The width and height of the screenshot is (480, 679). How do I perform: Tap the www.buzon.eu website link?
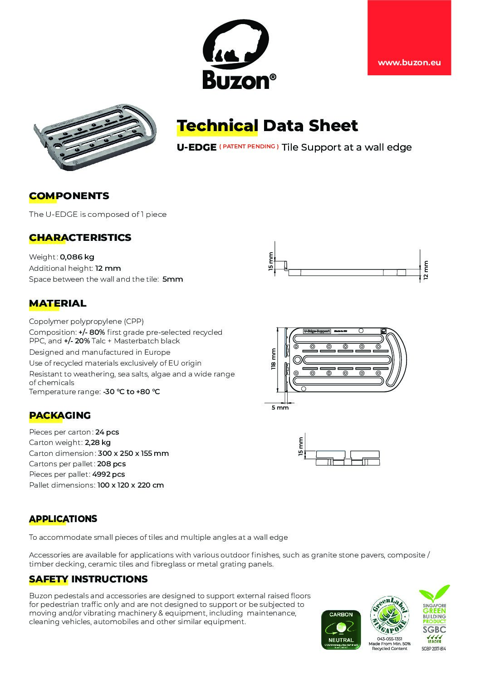(409, 63)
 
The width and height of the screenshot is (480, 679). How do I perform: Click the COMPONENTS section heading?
(69, 196)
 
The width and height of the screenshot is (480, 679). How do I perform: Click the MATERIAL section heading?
(58, 303)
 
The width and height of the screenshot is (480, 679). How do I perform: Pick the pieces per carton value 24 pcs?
(107, 432)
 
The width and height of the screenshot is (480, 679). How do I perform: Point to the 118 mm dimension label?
(273, 359)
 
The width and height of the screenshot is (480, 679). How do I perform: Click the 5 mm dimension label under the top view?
(280, 407)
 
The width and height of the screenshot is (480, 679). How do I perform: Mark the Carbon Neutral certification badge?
(341, 630)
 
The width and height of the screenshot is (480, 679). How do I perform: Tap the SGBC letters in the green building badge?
(434, 630)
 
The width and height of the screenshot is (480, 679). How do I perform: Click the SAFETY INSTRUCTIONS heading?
(88, 579)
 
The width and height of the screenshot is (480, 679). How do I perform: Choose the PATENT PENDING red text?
(249, 147)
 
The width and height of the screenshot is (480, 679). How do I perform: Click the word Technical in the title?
(217, 126)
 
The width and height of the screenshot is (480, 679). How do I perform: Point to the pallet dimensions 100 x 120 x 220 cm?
(130, 485)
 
